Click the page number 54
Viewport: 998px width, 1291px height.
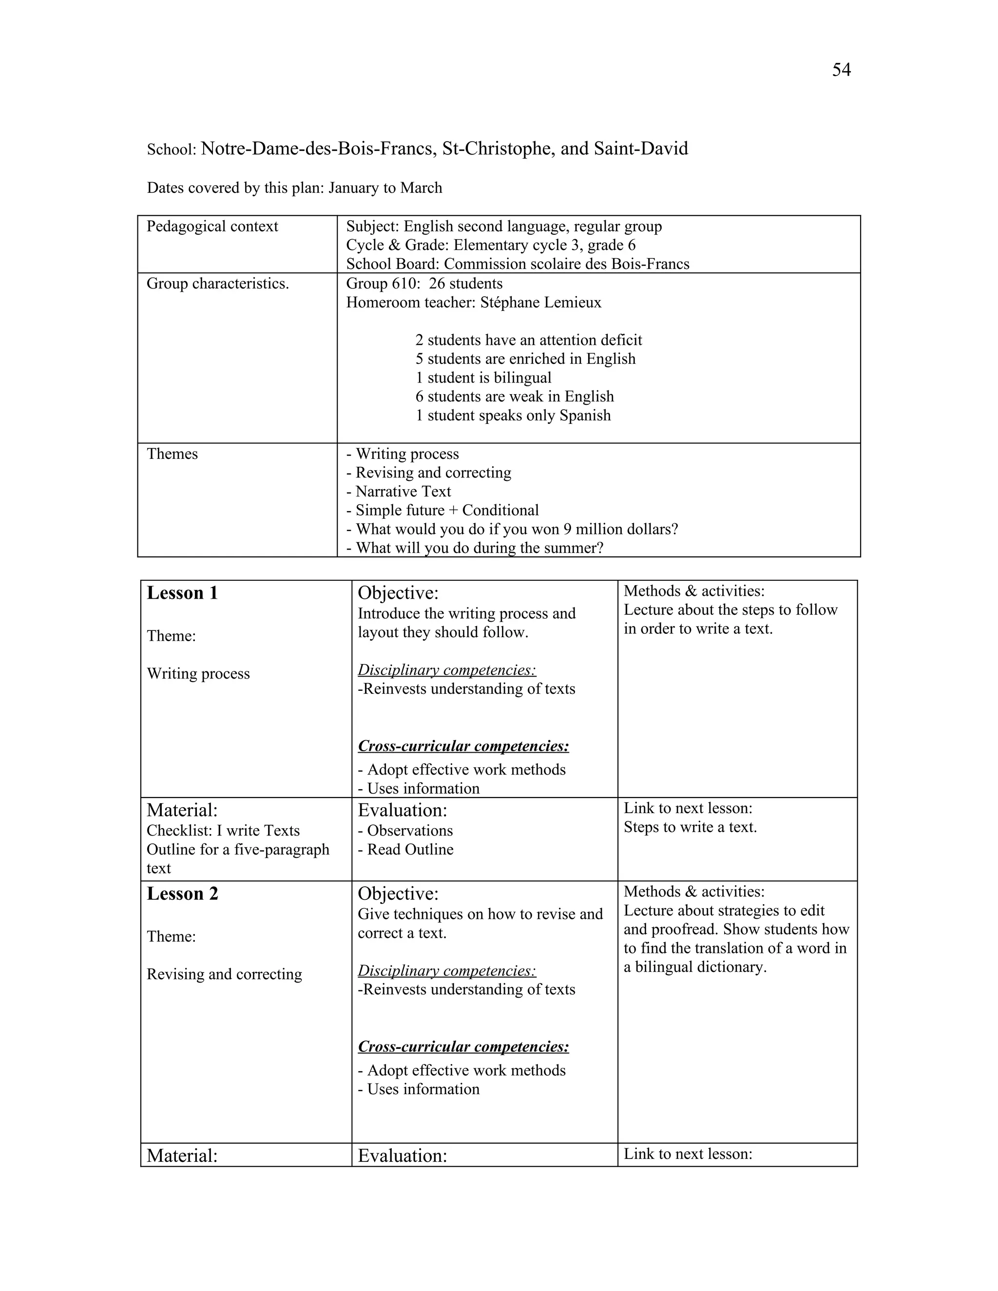(841, 70)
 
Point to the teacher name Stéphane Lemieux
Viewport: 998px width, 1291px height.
(540, 303)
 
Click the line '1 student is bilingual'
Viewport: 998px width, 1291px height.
(483, 378)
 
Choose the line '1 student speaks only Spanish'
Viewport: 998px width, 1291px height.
(513, 416)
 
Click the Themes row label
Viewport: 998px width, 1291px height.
(172, 454)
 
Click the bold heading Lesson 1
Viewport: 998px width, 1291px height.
(182, 593)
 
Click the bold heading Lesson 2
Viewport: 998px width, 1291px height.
(182, 894)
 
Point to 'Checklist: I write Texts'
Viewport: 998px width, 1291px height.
(223, 831)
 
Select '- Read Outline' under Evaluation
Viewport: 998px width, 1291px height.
(405, 850)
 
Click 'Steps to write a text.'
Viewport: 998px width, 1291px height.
(690, 827)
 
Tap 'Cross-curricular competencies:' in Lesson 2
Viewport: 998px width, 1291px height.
(463, 1047)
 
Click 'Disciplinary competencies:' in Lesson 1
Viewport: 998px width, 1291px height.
(446, 670)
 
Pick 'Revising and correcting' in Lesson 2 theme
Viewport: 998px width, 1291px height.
(224, 974)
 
